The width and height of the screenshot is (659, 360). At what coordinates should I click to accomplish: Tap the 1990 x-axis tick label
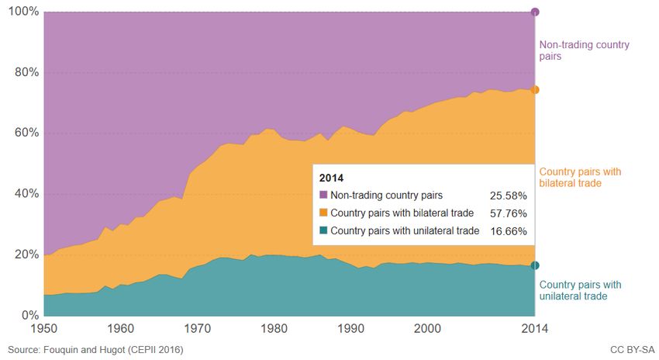pos(351,328)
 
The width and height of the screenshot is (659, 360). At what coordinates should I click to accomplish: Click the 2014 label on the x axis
pos(534,328)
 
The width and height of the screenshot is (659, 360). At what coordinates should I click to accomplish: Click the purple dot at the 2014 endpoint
pos(535,12)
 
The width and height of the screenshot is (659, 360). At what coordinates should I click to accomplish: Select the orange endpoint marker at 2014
pos(535,90)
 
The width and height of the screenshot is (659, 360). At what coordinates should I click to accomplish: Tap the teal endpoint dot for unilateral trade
pos(535,265)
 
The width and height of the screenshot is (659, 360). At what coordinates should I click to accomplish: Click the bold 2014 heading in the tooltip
pos(331,178)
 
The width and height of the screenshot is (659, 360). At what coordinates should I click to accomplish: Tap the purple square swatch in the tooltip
pos(323,196)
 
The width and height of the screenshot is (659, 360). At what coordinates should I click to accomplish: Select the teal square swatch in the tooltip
pos(323,231)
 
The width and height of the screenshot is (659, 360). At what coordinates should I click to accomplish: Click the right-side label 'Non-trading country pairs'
pos(584,50)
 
